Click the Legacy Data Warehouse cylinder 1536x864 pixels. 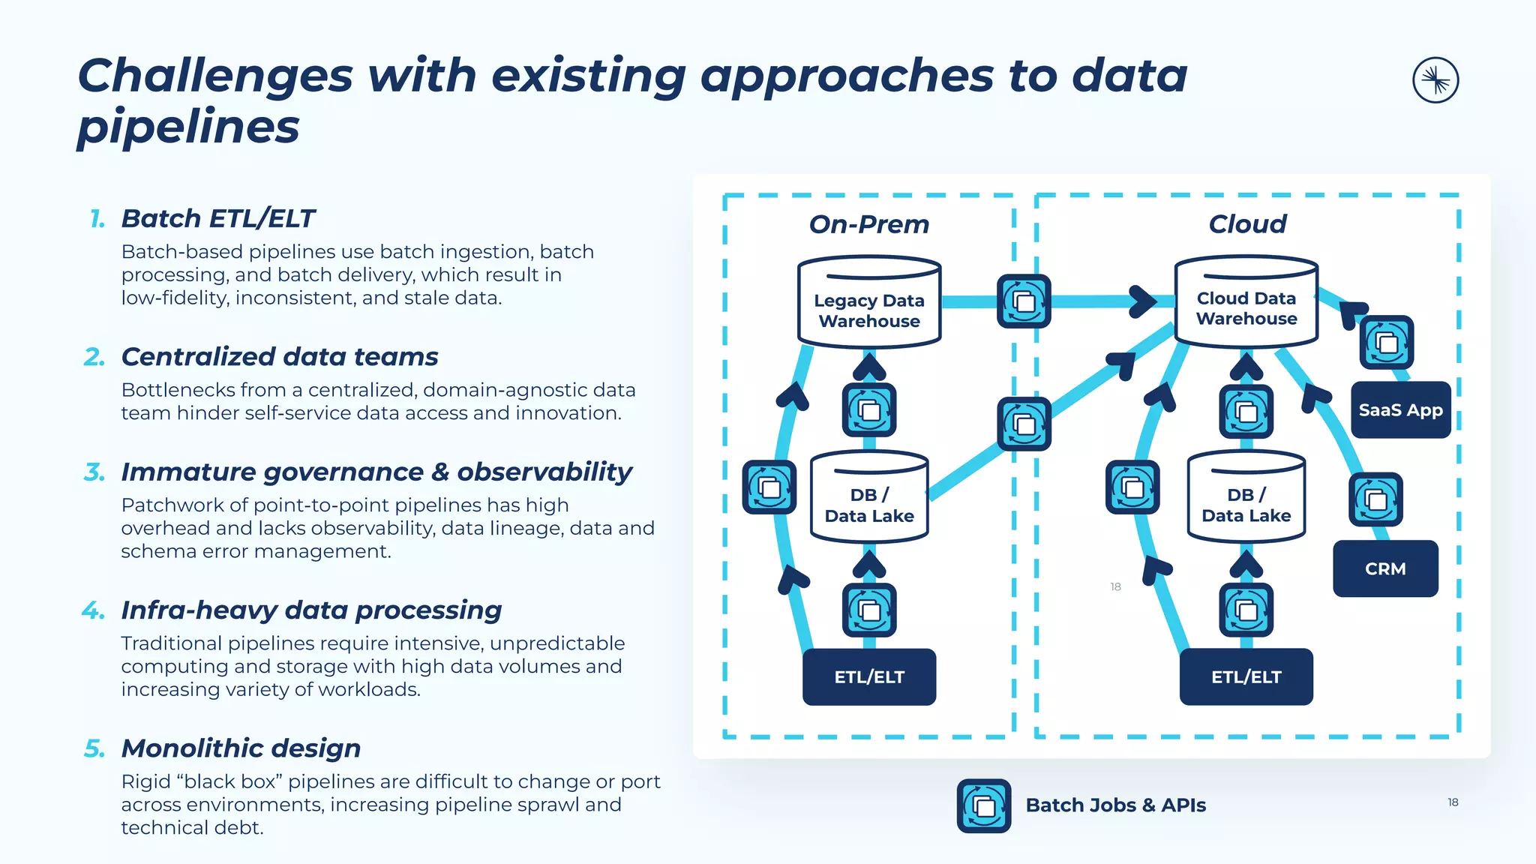pos(869,304)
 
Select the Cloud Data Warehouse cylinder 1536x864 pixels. pos(1246,304)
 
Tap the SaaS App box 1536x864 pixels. pos(1400,410)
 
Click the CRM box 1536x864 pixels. pos(1385,568)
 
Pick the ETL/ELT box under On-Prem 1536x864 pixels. pos(869,676)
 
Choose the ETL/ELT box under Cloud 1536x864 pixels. pos(1246,676)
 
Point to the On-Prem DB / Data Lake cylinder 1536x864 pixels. pos(869,499)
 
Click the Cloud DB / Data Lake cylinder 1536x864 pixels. pos(1246,499)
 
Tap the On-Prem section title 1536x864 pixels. pos(868,224)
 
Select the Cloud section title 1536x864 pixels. pos(1246,224)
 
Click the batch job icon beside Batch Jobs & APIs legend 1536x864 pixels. pos(983,805)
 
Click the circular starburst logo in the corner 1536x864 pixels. pos(1435,80)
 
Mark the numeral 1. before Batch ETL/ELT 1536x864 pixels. pos(97,219)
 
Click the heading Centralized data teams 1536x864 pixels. pos(280,357)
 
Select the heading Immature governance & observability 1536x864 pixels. pos(376,472)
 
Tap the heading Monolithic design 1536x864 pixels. pos(241,748)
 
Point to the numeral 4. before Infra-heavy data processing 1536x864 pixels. pos(94,610)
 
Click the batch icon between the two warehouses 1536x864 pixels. pos(1023,301)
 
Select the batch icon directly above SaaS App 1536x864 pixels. pos(1386,342)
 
